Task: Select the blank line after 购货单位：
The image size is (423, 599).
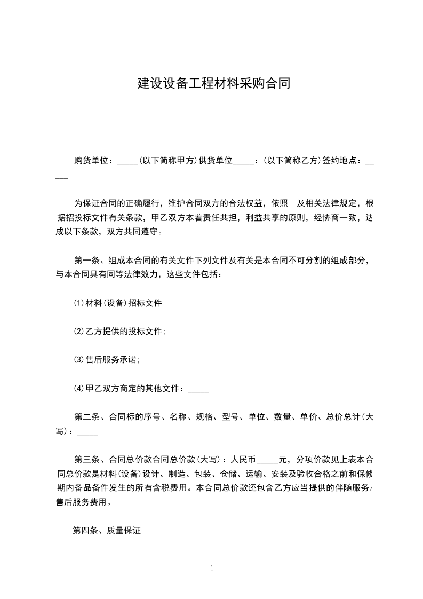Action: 127,162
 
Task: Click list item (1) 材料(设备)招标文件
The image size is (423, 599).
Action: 118,303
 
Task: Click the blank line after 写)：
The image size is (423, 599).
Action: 87,434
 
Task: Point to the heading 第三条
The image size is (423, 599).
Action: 86,459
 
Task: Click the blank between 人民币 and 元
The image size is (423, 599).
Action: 267,462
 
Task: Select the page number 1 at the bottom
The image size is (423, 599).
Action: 212,569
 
